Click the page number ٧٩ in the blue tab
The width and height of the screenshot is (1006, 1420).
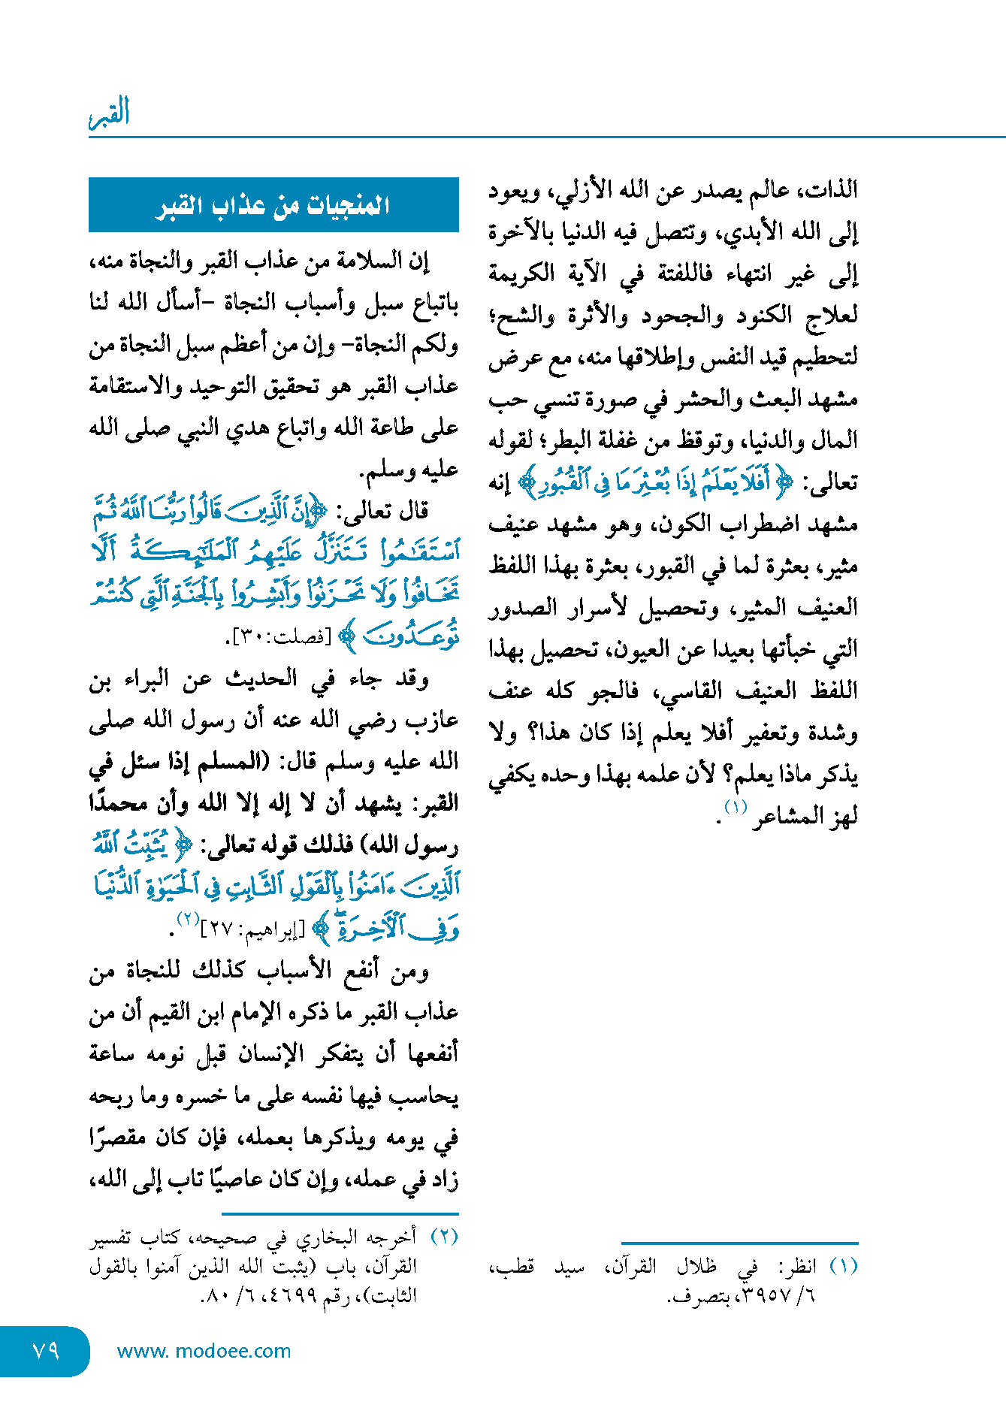(x=46, y=1350)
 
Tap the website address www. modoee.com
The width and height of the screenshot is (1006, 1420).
(x=204, y=1351)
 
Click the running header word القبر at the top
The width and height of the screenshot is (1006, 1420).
(x=110, y=113)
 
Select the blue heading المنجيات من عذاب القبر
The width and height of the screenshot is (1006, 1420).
(x=273, y=205)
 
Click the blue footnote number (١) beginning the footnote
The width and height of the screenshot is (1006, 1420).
(x=844, y=1266)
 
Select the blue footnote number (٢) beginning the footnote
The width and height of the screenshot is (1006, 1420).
(x=444, y=1236)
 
